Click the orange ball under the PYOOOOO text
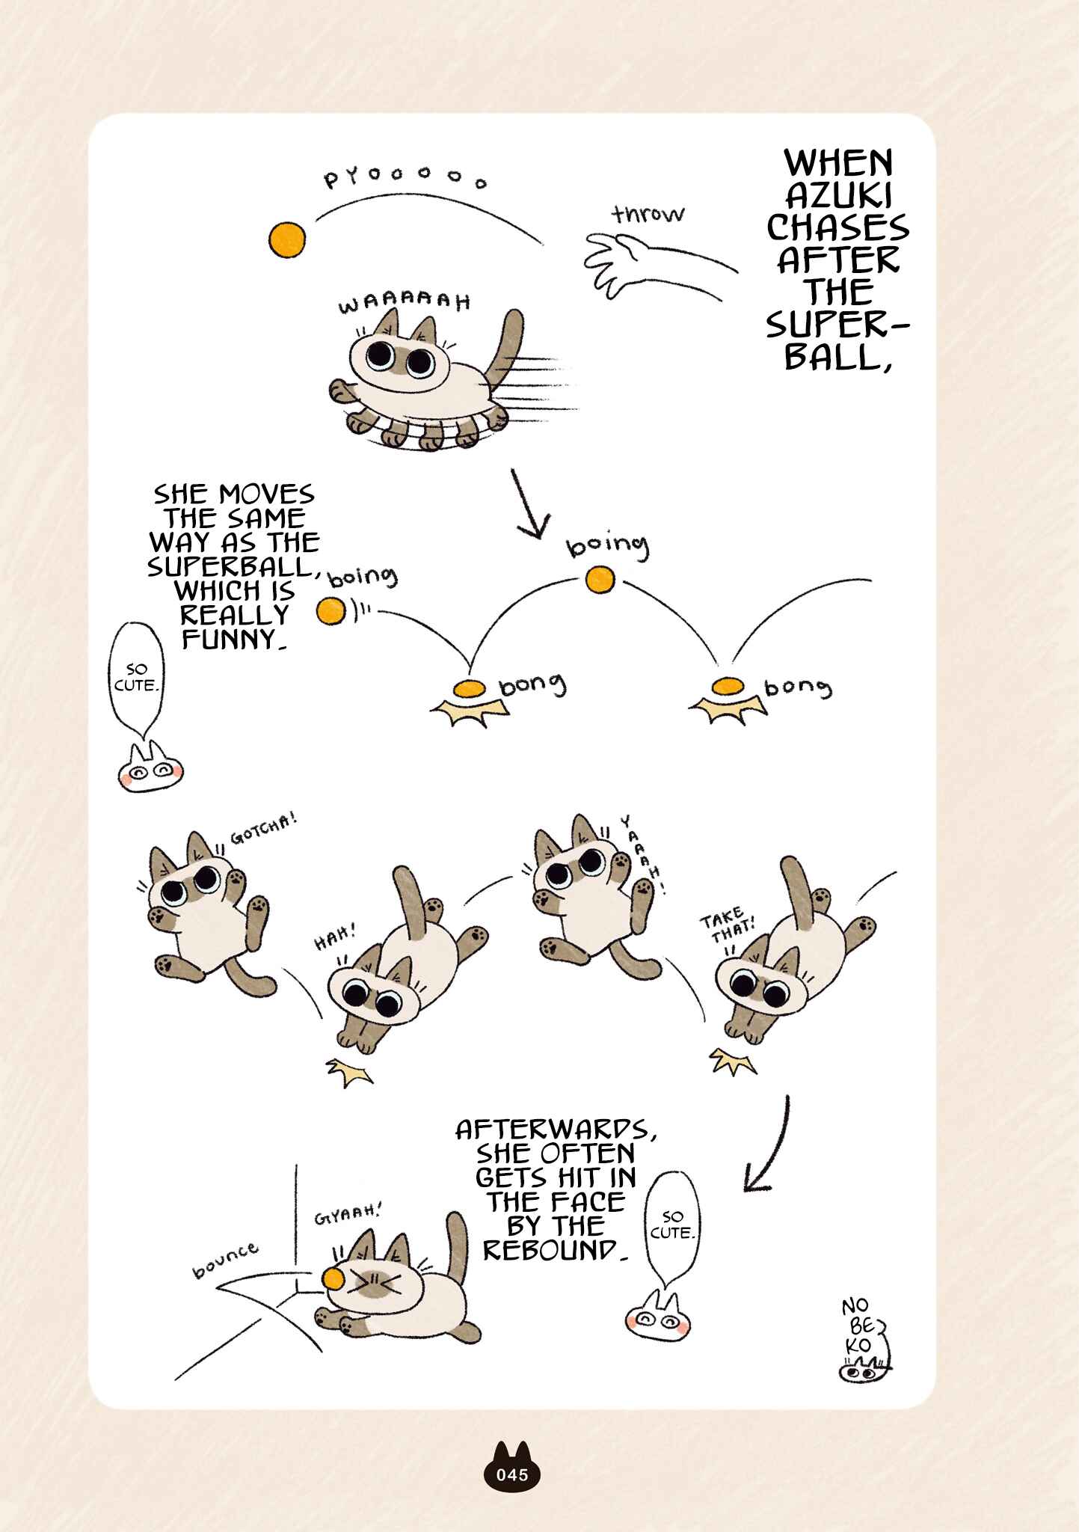(287, 239)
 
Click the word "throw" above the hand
(648, 214)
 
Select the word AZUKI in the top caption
(838, 196)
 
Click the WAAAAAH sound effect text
(405, 303)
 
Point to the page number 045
(512, 1474)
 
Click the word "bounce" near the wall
(225, 1260)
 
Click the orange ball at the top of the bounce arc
(600, 580)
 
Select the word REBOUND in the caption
(551, 1250)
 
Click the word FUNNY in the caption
(234, 640)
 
